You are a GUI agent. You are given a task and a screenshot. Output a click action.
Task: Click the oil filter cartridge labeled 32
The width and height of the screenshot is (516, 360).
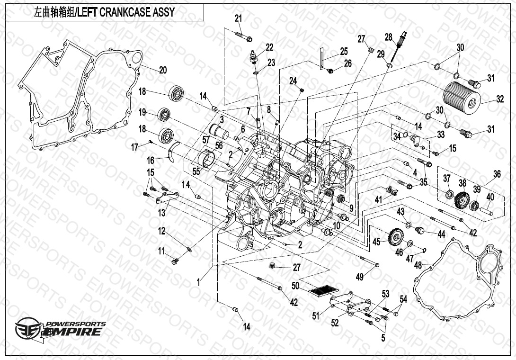point(462,96)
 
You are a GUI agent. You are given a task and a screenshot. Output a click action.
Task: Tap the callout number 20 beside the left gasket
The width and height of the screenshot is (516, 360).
point(162,70)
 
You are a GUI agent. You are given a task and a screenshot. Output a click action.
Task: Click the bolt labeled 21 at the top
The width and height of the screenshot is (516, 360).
point(243,36)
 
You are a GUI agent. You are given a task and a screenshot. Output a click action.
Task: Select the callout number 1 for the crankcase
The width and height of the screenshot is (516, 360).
point(199,281)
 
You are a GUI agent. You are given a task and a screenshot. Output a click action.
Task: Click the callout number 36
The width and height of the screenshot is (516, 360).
point(497,174)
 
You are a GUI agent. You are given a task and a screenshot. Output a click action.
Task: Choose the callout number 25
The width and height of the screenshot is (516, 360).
point(344,51)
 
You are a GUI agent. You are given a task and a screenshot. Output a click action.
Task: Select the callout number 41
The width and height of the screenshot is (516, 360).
point(378,200)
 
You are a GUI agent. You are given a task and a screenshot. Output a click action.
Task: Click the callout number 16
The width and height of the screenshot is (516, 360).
point(151,161)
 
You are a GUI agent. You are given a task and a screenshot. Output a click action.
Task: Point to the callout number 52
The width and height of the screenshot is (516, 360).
point(335,323)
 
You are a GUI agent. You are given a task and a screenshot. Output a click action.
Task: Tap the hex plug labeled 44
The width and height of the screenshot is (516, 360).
point(418,231)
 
